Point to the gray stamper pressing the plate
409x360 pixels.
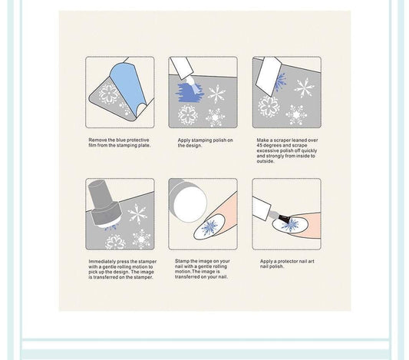click(x=102, y=203)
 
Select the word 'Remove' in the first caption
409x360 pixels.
click(x=97, y=140)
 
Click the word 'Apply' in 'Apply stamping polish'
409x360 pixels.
click(x=184, y=140)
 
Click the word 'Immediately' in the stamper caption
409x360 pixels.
click(x=101, y=262)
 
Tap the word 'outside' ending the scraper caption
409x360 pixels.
click(x=266, y=162)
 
